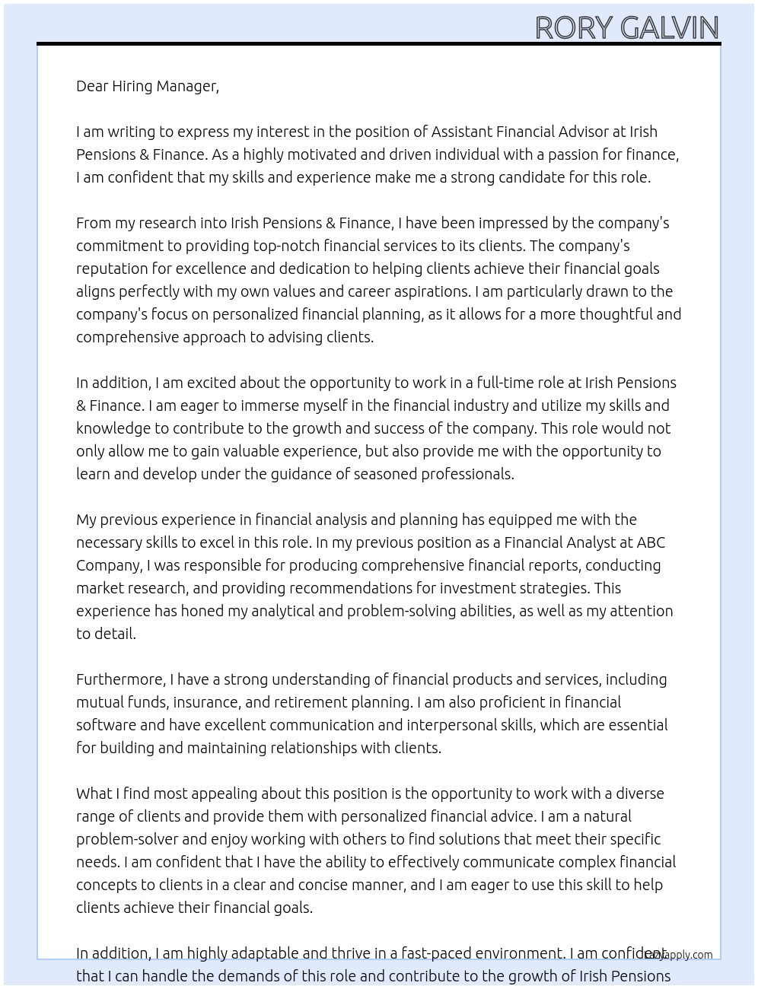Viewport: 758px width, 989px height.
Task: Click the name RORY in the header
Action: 575,28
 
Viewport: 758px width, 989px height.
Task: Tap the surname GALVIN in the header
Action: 670,28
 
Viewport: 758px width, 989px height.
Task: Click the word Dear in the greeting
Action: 92,86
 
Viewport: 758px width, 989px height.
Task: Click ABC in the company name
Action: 651,542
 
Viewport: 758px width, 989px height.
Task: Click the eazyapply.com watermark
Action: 678,955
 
